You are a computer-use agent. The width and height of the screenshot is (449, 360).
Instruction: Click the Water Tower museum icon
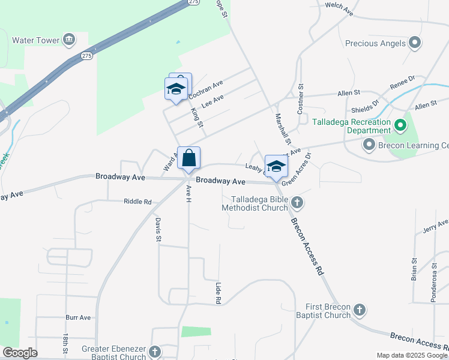68,40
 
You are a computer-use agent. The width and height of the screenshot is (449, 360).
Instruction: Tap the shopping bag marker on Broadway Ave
188,159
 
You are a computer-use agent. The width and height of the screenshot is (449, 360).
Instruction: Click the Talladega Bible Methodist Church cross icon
297,203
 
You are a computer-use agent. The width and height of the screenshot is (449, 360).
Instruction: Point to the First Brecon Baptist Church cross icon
359,310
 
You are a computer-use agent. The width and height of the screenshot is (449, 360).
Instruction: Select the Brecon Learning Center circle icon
369,145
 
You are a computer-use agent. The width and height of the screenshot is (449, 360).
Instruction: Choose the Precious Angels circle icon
414,43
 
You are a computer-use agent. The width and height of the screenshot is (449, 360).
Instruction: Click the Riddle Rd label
137,202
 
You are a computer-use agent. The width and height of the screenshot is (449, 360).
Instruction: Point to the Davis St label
158,230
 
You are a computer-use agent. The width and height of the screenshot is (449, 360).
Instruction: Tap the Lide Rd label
218,292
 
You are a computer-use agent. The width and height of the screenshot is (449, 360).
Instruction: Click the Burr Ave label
78,317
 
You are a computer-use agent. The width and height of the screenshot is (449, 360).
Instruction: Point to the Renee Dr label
402,82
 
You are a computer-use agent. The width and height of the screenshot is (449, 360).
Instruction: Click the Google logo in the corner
20,353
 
